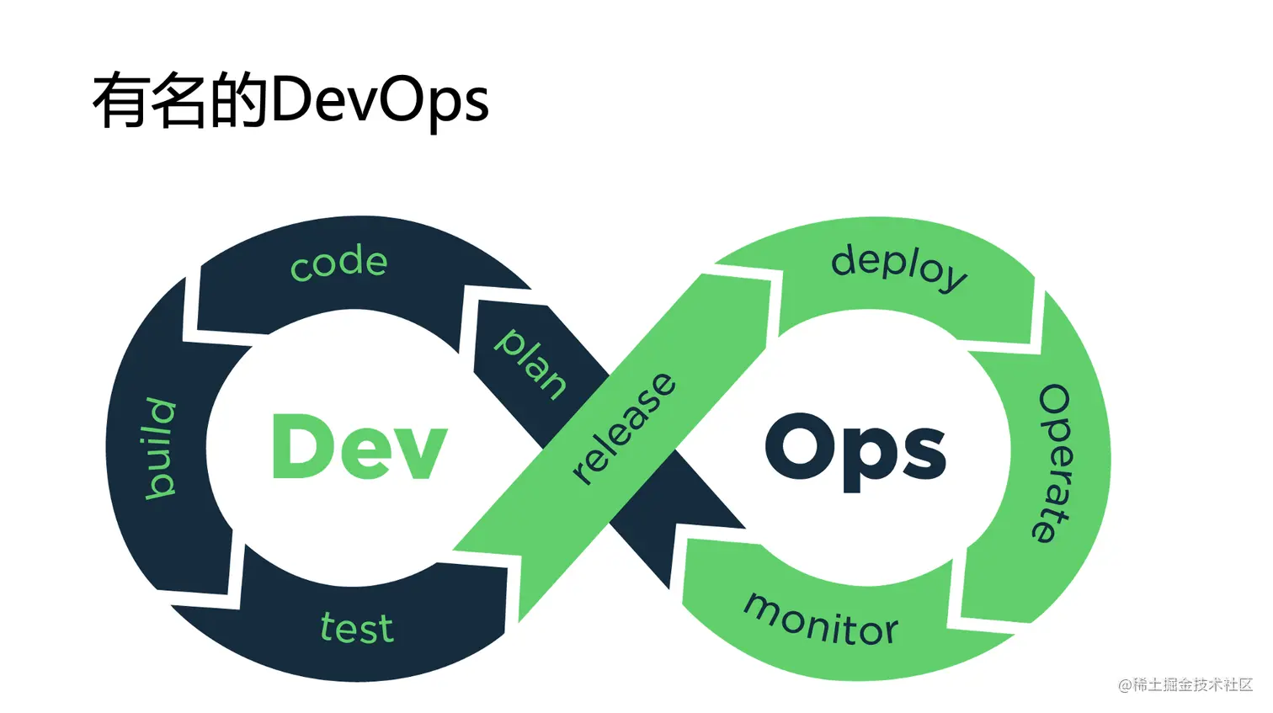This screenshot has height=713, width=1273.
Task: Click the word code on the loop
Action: (338, 263)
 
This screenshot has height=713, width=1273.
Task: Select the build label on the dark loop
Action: (160, 448)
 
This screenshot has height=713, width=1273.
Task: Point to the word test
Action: (357, 628)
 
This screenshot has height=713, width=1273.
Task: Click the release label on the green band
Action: (623, 428)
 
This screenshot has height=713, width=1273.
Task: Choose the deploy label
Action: (898, 267)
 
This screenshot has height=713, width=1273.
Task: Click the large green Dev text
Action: (359, 447)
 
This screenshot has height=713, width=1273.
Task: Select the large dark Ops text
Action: (855, 450)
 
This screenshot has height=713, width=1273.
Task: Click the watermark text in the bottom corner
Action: (1185, 684)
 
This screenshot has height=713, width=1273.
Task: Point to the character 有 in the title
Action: (121, 101)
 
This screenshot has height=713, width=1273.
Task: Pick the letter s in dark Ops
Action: (921, 453)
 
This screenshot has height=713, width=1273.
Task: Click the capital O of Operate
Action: (1054, 401)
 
